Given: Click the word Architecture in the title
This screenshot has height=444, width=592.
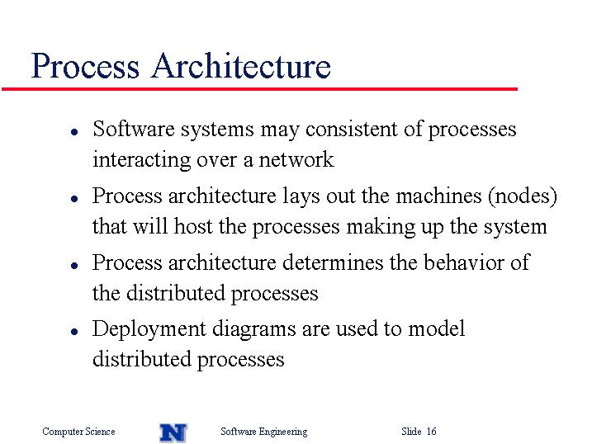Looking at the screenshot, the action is [241, 66].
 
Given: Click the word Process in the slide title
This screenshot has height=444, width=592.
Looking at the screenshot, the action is [85, 66].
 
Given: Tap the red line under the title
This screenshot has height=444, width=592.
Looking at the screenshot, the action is [259, 89].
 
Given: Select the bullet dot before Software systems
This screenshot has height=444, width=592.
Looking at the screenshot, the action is [74, 132].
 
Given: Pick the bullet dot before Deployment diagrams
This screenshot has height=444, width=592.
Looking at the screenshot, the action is [74, 331].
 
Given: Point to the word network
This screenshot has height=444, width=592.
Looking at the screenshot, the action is [296, 159].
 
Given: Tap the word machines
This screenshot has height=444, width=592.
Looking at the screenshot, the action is [438, 196].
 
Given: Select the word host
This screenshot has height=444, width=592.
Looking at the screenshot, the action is [193, 226].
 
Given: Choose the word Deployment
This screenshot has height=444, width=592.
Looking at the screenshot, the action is [149, 329].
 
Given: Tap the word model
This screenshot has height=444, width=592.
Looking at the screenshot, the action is [437, 328].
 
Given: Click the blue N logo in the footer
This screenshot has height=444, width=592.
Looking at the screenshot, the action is [173, 432].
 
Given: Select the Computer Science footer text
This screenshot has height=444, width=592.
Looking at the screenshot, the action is [78, 432].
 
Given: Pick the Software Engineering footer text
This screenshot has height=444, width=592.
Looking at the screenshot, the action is [264, 432].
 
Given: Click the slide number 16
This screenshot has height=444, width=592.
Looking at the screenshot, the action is [432, 431].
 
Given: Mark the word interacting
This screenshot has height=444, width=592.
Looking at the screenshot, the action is [141, 160].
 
